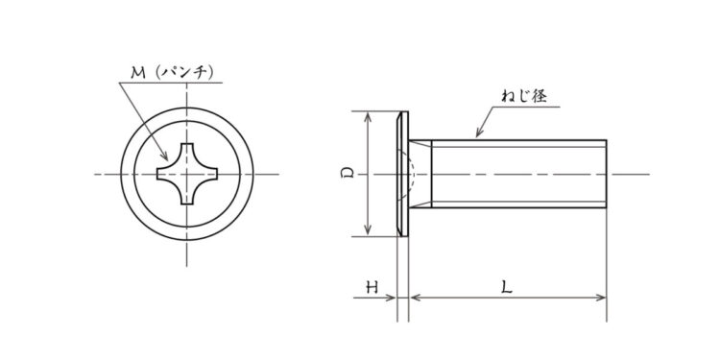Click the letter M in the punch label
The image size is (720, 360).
click(x=137, y=73)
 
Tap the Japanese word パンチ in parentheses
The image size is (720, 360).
click(x=185, y=73)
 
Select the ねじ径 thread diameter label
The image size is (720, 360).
click(x=524, y=96)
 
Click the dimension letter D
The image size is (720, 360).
click(x=349, y=174)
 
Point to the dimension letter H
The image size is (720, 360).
click(x=372, y=287)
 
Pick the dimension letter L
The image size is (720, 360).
click(x=507, y=287)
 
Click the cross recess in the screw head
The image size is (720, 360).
click(x=187, y=174)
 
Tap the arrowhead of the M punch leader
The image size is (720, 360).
click(x=164, y=156)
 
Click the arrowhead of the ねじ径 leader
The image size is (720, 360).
click(x=479, y=132)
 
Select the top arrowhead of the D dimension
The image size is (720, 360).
click(x=368, y=116)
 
